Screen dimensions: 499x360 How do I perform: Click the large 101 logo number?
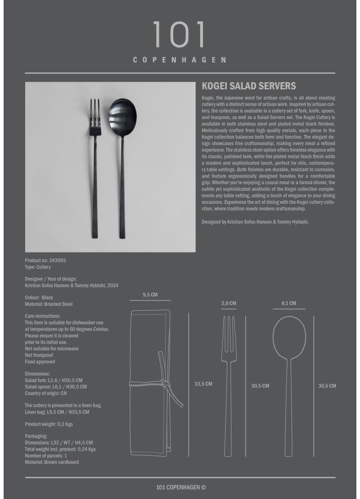179,35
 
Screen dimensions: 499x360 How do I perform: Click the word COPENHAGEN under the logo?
179,60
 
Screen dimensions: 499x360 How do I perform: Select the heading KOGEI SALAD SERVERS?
249,87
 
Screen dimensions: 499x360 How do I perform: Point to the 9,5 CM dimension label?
150,295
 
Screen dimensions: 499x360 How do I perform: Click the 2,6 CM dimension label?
229,304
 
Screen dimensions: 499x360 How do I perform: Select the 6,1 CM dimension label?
289,304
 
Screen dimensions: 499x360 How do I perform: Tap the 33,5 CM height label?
203,384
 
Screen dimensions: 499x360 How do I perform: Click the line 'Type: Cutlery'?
38,268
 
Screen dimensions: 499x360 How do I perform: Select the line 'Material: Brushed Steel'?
49,304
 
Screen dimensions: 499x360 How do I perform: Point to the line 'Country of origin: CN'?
46,393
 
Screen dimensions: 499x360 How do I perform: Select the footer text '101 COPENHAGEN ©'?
181,487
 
